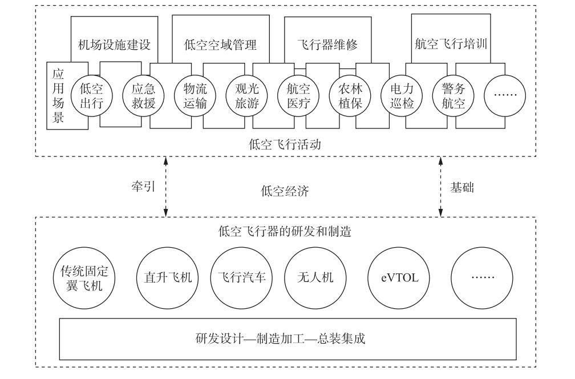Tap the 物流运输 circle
tap(194, 96)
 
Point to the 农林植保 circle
tap(349, 96)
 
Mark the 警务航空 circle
tap(454, 96)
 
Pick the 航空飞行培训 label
tap(451, 43)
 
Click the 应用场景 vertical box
tap(58, 96)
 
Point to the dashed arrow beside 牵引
tap(165, 187)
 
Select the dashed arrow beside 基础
tap(441, 187)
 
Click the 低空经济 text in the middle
tap(285, 192)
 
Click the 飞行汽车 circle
tap(241, 278)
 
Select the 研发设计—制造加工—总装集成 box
tap(287, 338)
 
